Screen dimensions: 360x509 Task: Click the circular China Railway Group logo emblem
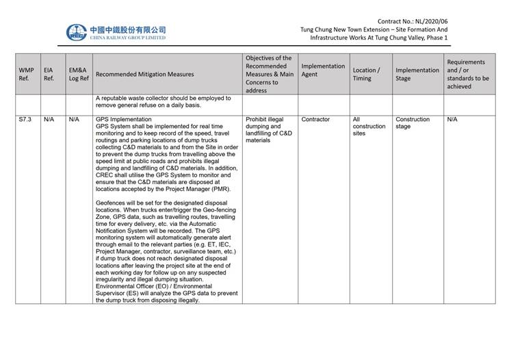[x=76, y=32]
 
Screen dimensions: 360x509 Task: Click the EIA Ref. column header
[x=49, y=74]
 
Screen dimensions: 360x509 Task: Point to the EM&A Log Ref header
[x=79, y=74]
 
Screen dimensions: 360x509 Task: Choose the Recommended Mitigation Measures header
[x=144, y=74]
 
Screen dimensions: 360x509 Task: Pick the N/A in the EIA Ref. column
[x=49, y=119]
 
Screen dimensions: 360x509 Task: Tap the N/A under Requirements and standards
[x=452, y=119]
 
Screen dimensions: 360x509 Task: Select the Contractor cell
[x=315, y=119]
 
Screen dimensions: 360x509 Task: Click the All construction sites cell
[x=369, y=126]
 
